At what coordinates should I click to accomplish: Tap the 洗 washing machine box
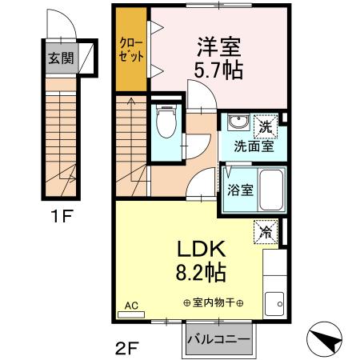point(264,125)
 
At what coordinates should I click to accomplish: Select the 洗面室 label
point(254,146)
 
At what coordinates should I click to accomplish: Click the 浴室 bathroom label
point(241,191)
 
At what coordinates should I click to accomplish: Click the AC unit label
point(131,306)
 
